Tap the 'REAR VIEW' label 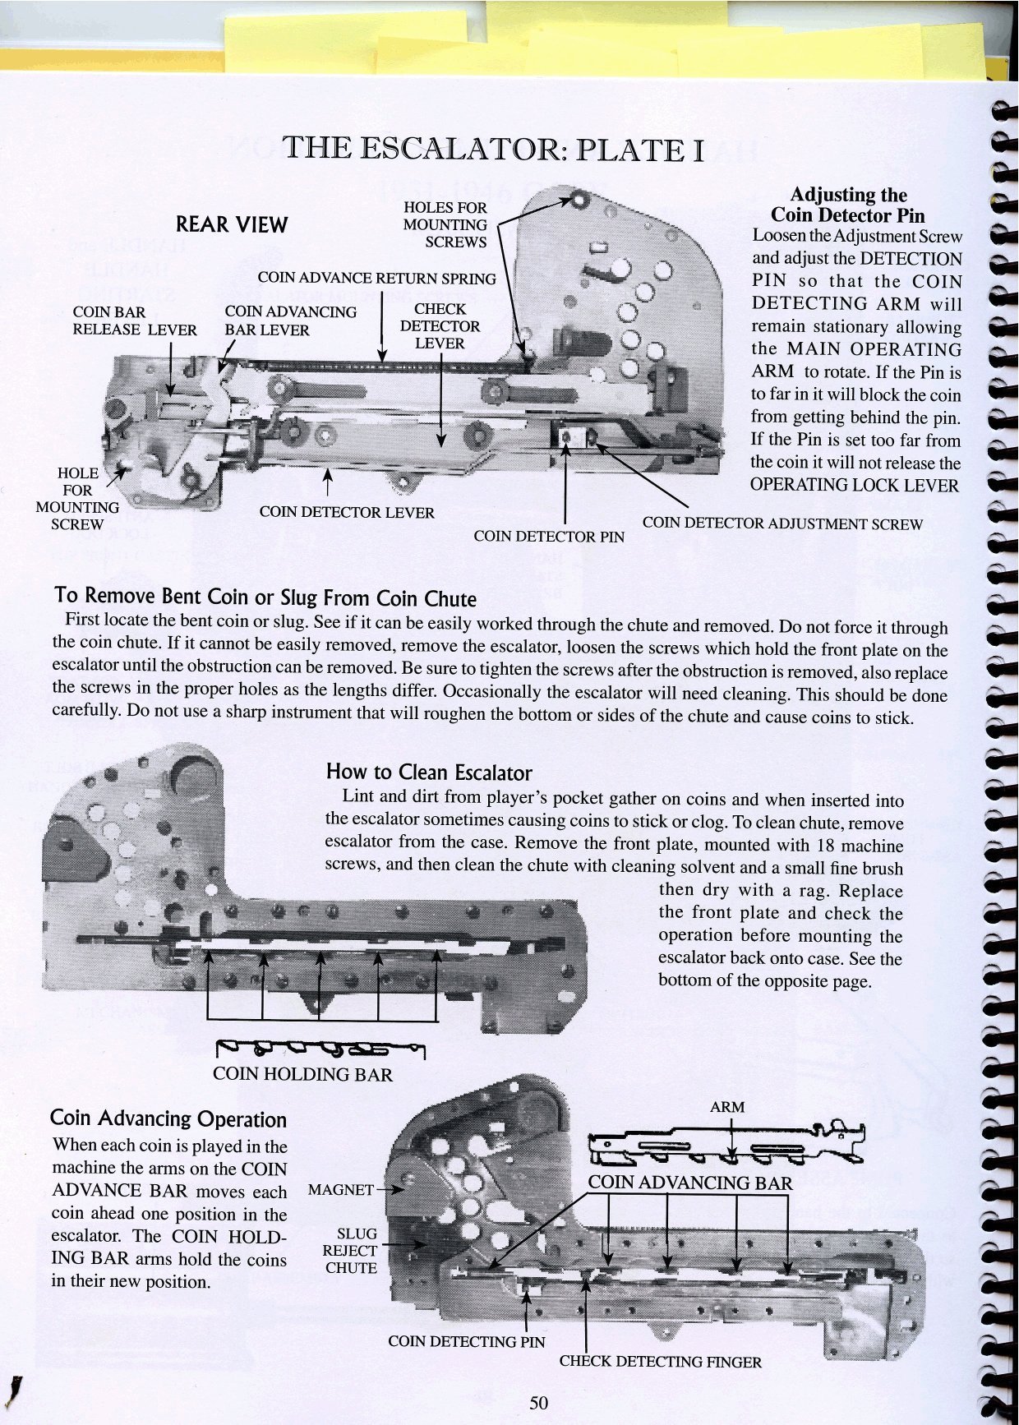tap(232, 225)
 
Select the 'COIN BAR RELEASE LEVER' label tap(135, 321)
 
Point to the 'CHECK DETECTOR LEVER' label tap(440, 326)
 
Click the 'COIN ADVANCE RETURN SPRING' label tap(376, 279)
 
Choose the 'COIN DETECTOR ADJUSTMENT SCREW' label tap(782, 523)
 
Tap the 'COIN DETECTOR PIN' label tap(549, 537)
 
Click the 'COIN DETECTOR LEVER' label tap(346, 513)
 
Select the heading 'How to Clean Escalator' tap(429, 772)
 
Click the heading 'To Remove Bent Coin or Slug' tap(265, 597)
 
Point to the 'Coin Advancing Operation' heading tap(168, 1118)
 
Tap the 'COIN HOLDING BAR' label tap(302, 1074)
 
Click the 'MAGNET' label tap(340, 1189)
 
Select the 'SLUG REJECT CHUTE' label tap(350, 1251)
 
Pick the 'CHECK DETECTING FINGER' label tap(660, 1362)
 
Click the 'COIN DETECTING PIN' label tap(466, 1342)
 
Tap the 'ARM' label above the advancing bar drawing tap(727, 1107)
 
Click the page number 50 tap(538, 1403)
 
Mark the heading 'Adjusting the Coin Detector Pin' tap(848, 205)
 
